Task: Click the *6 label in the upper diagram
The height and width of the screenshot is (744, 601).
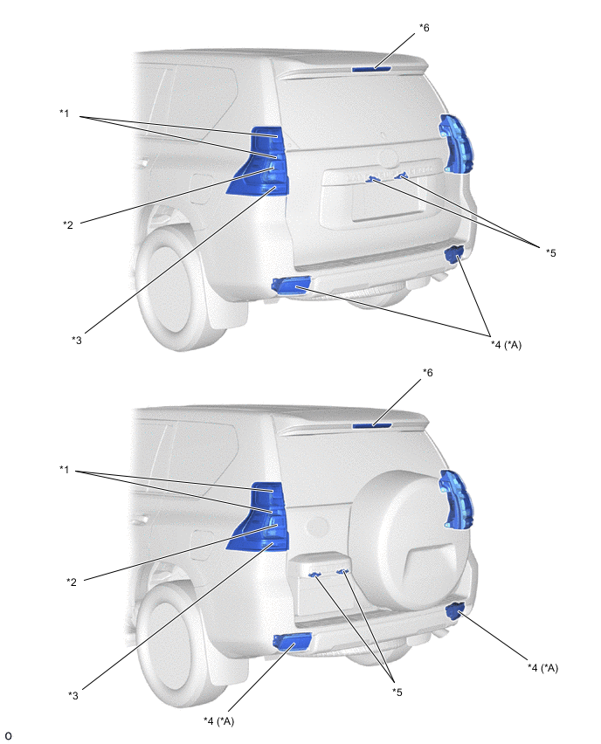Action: tap(424, 28)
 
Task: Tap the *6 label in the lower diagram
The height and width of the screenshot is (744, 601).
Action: tap(428, 373)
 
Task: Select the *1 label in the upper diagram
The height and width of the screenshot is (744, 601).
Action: tap(64, 114)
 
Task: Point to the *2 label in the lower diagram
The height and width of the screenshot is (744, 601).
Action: tap(72, 582)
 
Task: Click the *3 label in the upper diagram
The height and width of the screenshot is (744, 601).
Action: tap(76, 341)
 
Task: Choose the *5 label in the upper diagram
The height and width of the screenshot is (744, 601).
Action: tap(550, 253)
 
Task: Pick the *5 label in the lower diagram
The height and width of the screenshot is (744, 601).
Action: tap(397, 692)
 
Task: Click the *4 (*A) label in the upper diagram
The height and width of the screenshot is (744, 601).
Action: tap(506, 345)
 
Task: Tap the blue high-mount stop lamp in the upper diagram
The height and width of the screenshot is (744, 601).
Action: tap(372, 69)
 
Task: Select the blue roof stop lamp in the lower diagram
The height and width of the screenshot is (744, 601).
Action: tap(372, 425)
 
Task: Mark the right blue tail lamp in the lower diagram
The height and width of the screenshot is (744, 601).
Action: tap(457, 499)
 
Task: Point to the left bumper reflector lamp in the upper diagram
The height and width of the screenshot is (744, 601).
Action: tap(291, 286)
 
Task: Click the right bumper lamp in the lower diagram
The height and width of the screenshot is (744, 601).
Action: tap(456, 610)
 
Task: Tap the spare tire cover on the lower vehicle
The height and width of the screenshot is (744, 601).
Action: tap(409, 542)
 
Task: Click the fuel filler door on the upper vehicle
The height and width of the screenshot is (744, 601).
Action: tap(201, 189)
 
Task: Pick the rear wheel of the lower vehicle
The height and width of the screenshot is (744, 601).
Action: tap(181, 647)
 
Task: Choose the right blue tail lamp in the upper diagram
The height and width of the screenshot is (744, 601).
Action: tap(457, 144)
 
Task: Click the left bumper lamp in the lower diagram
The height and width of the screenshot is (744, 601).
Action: tap(292, 642)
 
